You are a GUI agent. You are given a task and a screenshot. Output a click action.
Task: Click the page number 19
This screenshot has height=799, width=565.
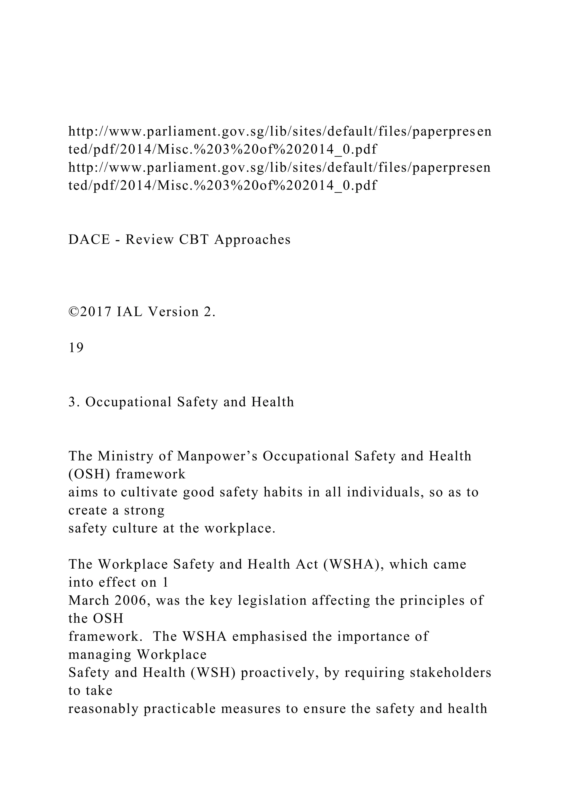tap(76, 348)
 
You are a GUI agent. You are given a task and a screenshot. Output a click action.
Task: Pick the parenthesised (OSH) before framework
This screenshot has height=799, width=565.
tap(89, 474)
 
